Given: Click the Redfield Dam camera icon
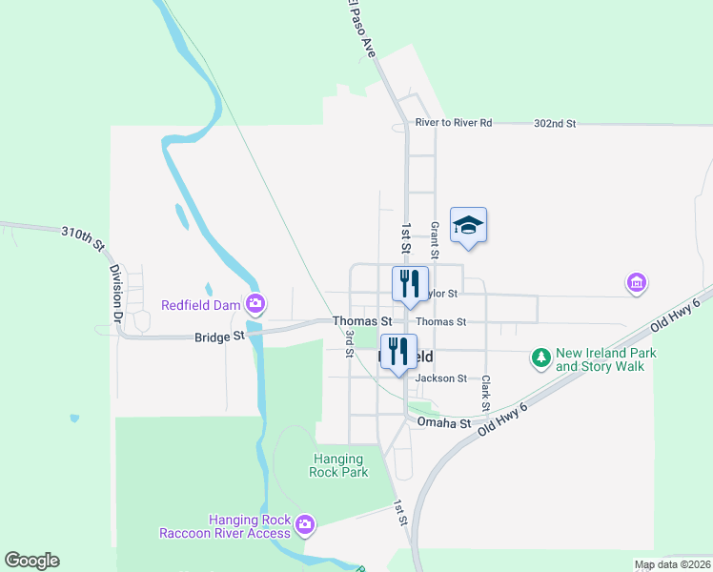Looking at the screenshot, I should click(255, 305).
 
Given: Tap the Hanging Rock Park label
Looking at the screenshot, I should click(338, 465).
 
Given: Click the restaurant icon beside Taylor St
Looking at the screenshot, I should click(410, 285).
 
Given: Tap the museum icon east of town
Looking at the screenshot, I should click(636, 283).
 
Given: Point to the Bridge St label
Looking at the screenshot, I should click(219, 337).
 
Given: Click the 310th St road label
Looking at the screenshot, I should click(82, 237).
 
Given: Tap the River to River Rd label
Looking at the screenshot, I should click(454, 123).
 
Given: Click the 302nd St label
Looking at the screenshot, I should click(555, 124).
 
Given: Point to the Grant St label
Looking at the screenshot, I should click(434, 240).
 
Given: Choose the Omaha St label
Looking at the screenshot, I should click(452, 423).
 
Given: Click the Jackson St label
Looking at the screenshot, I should click(441, 378).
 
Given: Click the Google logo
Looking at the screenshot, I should click(31, 561).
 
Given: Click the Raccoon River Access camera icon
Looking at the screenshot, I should click(305, 523).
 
